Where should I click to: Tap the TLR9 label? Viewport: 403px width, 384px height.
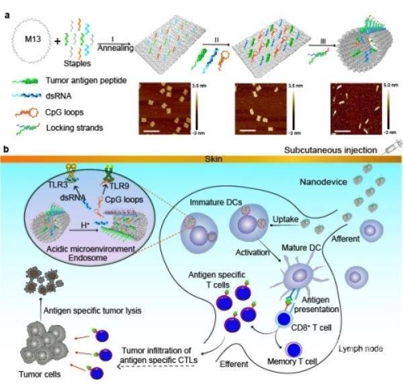(x=118, y=182)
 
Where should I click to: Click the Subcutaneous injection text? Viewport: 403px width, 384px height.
(x=330, y=153)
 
